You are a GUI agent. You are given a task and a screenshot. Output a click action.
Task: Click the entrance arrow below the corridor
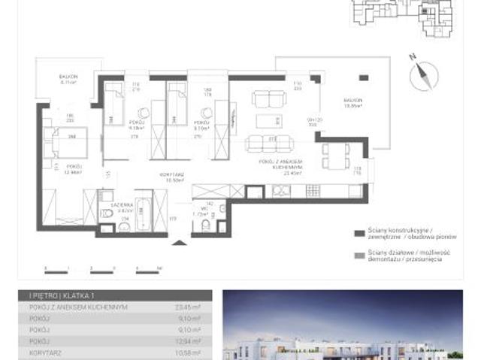pos(177,241)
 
